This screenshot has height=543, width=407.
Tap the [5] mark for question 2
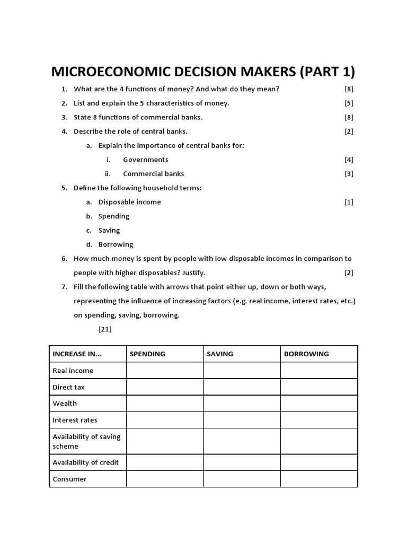[349, 103]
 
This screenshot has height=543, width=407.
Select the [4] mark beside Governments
[349, 160]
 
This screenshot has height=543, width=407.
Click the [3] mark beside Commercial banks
[349, 174]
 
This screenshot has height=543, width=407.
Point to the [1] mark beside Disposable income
[349, 202]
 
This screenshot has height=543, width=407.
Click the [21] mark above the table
[105, 329]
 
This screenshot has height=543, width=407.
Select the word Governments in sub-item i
[145, 160]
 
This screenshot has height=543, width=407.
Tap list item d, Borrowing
[116, 244]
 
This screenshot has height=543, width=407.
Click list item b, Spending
[113, 216]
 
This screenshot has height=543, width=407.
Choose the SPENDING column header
[147, 354]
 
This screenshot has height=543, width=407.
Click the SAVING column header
[220, 354]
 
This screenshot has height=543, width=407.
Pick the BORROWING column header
[306, 354]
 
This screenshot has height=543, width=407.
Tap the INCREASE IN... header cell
[77, 354]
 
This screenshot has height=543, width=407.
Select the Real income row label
[73, 371]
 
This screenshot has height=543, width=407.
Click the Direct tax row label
[69, 387]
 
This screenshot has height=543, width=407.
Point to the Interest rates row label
[75, 420]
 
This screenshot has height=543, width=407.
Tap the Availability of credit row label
[86, 462]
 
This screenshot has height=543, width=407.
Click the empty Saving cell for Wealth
[242, 404]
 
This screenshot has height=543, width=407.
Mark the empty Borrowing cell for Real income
[319, 371]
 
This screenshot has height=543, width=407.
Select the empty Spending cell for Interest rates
[165, 420]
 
